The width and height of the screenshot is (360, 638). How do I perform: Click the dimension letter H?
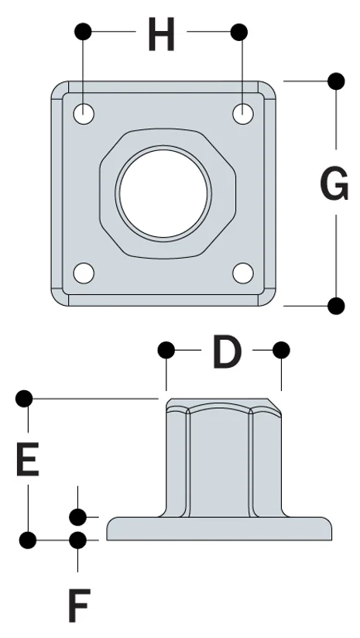click(x=161, y=36)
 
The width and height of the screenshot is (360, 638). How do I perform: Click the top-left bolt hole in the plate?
click(x=84, y=114)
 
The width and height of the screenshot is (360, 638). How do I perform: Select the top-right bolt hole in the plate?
click(x=243, y=113)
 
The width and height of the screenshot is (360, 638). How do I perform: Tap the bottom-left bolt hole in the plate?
click(x=84, y=273)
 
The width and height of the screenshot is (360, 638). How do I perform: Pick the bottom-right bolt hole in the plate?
click(x=243, y=273)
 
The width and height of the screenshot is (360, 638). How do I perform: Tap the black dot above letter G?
click(x=336, y=80)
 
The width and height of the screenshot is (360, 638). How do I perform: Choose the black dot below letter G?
click(x=336, y=306)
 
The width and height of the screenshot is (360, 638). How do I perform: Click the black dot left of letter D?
click(x=165, y=351)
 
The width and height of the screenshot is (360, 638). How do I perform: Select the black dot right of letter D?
click(x=281, y=351)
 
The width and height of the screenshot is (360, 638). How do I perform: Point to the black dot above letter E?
click(x=25, y=399)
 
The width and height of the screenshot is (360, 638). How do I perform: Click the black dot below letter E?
click(x=28, y=539)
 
